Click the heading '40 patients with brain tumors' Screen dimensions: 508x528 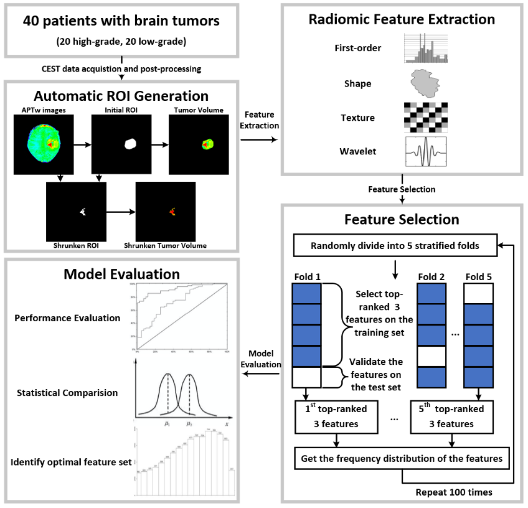(121, 21)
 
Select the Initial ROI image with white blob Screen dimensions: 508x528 (121, 145)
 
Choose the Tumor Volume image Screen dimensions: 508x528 (199, 145)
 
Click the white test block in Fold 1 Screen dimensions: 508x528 (306, 378)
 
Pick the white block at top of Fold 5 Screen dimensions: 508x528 (478, 293)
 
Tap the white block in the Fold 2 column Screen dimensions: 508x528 (431, 357)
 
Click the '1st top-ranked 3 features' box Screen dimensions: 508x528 (337, 416)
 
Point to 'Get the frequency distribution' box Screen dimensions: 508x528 (402, 458)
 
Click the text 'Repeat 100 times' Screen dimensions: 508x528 (454, 492)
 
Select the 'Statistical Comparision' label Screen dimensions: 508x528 (67, 393)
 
